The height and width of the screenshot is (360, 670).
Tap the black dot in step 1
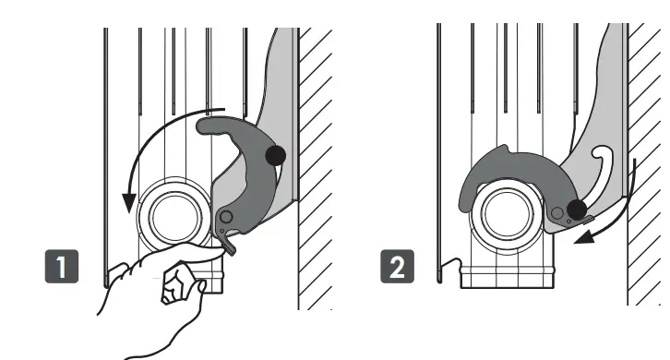pyautogui.click(x=275, y=155)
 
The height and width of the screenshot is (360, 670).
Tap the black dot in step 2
pyautogui.click(x=577, y=210)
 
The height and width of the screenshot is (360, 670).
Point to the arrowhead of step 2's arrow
pyautogui.click(x=579, y=242)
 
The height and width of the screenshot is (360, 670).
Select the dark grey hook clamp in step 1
pyautogui.click(x=240, y=175)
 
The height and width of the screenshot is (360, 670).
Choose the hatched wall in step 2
pyautogui.click(x=646, y=166)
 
